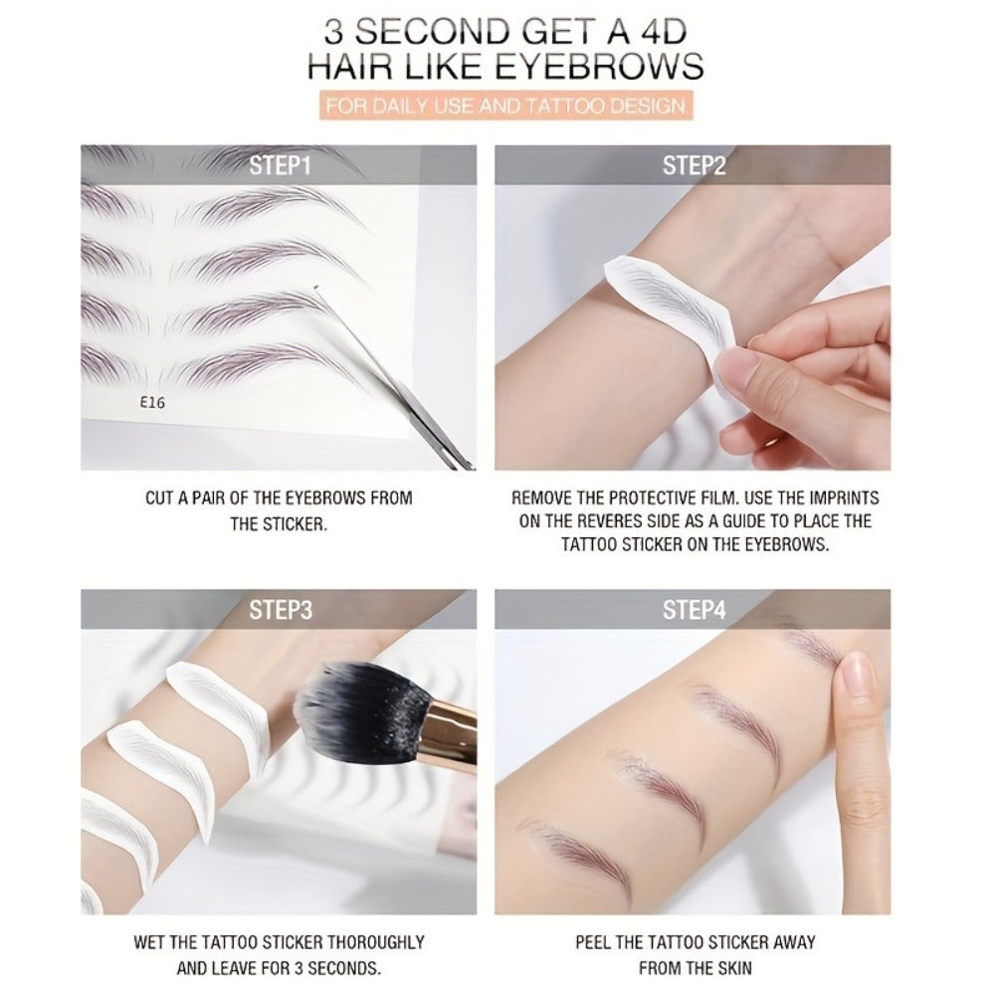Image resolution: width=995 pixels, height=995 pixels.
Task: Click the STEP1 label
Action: point(280,165)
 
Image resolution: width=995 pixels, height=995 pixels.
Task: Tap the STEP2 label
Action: point(694,165)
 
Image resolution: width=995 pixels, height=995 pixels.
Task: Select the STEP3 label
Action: point(280,610)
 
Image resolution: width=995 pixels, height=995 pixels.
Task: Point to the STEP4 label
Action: point(694,610)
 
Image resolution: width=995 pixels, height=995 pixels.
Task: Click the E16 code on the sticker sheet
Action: point(152,402)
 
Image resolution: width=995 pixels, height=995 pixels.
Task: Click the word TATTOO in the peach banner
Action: point(563,105)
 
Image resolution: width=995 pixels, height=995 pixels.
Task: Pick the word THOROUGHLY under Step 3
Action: point(374,942)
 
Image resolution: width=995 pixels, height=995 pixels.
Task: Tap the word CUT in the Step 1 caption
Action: point(159,498)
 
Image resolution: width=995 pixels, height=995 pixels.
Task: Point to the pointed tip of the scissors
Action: point(315,288)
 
